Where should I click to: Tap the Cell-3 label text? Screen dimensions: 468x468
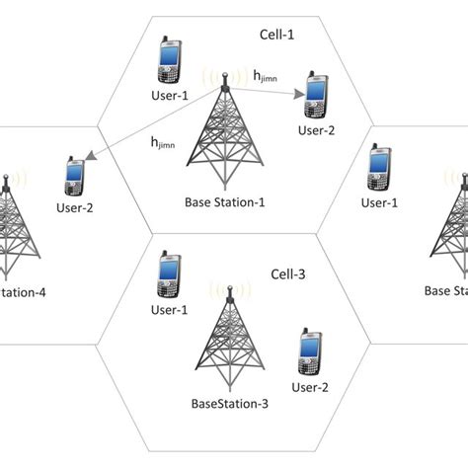coord(290,273)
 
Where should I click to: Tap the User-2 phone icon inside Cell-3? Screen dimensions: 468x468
coord(308,350)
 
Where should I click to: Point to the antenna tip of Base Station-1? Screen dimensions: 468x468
coord(224,74)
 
